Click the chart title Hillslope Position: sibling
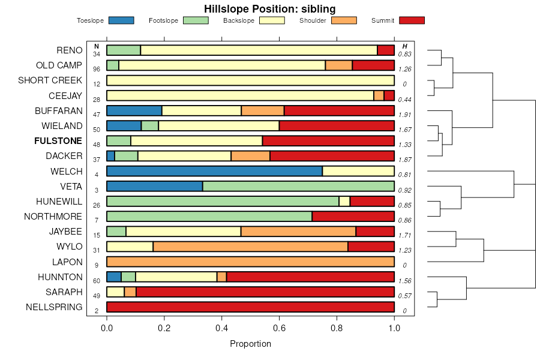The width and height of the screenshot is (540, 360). click(x=269, y=8)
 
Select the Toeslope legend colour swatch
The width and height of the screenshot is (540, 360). click(x=121, y=20)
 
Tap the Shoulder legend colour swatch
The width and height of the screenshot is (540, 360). click(x=344, y=20)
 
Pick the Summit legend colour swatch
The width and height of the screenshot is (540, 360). click(x=412, y=20)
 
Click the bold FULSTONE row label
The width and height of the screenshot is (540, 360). click(x=59, y=141)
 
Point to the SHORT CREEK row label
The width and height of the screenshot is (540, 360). click(x=50, y=80)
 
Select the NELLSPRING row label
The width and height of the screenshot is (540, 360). click(x=54, y=307)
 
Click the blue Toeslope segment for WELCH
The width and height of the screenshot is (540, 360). click(x=214, y=171)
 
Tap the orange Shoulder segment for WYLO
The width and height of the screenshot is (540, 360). click(x=251, y=247)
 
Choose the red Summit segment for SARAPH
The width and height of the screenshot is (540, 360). click(x=265, y=292)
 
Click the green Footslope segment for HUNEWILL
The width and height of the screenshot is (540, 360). click(x=223, y=201)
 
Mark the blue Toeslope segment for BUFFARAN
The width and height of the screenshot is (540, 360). click(x=134, y=110)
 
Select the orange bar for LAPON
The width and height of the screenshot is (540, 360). click(x=250, y=262)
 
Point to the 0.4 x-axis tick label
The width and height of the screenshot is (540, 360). click(x=222, y=328)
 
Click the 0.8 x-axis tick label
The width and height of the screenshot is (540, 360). click(x=337, y=328)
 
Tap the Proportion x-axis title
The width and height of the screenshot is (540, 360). click(x=250, y=344)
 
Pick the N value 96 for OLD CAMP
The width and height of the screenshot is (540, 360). click(x=97, y=69)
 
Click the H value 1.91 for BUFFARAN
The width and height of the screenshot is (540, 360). click(x=405, y=115)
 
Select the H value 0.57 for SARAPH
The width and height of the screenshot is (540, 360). click(x=405, y=296)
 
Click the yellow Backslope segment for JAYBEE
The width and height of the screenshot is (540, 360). click(x=184, y=232)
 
